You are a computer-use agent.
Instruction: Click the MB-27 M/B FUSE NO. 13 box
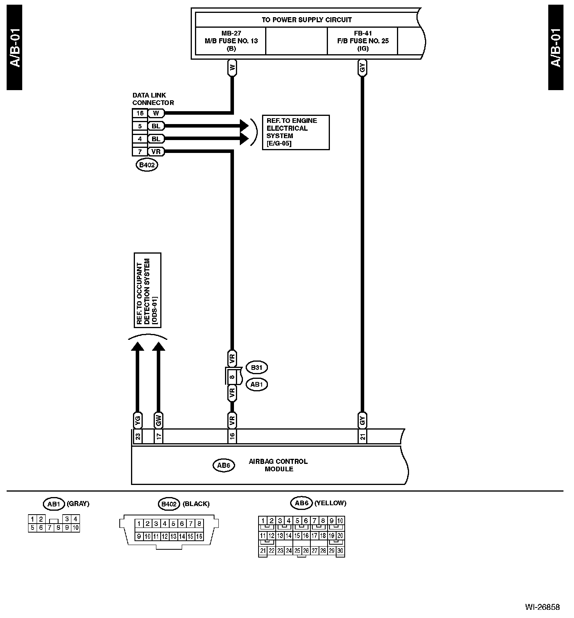point(231,41)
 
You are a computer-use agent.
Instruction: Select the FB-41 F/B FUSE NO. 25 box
point(363,41)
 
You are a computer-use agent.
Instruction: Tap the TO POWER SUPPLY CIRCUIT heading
point(306,20)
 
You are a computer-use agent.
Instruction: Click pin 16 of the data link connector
point(140,114)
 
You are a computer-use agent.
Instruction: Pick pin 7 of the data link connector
point(140,152)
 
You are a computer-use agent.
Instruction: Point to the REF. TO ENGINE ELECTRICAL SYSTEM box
point(296,132)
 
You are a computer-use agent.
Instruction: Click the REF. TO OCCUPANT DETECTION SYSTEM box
point(147,290)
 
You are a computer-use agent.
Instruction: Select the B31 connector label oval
point(257,368)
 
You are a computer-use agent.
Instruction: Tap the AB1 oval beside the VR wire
point(257,384)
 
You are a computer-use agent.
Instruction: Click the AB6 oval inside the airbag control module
point(224,465)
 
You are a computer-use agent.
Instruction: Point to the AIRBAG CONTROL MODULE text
point(278,465)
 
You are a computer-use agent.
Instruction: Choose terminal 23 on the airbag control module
point(138,436)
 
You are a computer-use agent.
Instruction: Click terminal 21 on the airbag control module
point(363,436)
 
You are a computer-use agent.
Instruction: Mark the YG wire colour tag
point(138,421)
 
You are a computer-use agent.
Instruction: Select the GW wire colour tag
point(158,421)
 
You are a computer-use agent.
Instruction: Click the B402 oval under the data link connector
point(147,165)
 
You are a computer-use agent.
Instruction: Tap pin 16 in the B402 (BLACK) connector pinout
point(199,536)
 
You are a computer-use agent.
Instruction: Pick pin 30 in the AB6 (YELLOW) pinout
point(340,551)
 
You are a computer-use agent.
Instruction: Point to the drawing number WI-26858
point(542,607)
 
